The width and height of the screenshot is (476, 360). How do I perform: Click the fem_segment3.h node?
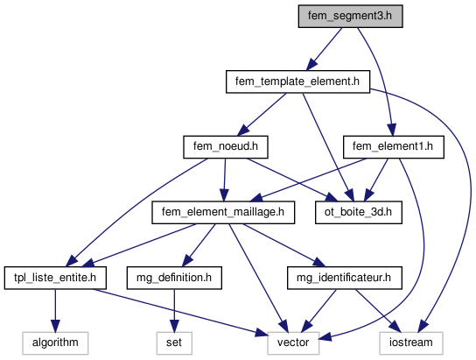pos(350,16)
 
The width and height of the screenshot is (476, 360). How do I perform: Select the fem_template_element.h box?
pos(297,81)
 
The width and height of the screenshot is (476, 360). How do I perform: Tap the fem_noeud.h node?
pos(226,147)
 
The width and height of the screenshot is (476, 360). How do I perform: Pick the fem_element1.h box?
pos(394,147)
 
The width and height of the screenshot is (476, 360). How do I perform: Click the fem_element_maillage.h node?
pos(223,212)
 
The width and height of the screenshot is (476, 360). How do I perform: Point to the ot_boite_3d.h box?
pos(359,212)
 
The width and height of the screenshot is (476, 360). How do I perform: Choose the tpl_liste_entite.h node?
pos(55,278)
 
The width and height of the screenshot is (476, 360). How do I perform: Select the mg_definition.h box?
pos(174,278)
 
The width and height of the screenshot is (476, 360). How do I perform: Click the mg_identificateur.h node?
pos(345,278)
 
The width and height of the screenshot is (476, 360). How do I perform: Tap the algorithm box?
pos(55,343)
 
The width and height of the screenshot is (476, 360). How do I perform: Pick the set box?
pos(174,343)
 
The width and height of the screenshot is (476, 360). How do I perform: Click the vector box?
pos(293,343)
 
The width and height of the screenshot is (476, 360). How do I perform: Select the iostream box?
pos(411,343)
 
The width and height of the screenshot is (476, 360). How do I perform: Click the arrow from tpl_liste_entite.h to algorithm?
pos(55,310)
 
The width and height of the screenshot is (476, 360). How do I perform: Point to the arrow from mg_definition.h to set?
pos(174,310)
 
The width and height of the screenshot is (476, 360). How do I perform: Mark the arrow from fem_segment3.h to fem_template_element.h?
pos(324,49)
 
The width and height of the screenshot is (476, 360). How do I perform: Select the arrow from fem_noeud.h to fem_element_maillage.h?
pos(225,180)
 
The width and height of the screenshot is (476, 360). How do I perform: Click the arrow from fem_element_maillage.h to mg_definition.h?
pos(199,245)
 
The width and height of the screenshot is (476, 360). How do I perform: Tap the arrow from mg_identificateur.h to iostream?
pos(377,310)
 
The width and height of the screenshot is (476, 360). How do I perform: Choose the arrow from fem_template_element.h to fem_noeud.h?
pos(262,115)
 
